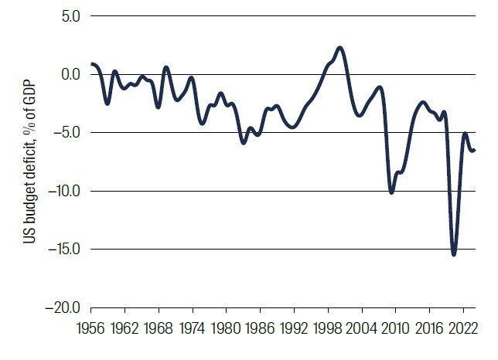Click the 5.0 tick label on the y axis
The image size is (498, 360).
[73, 15]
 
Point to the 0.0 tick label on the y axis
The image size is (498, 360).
[73, 74]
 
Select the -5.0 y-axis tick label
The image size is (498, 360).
[70, 133]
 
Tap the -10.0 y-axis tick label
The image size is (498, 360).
[67, 191]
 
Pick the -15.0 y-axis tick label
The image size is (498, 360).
[67, 250]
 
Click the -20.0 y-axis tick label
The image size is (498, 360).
[67, 307]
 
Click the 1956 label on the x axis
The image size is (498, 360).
[92, 327]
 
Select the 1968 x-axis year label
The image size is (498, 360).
[159, 327]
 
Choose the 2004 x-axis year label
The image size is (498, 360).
[360, 327]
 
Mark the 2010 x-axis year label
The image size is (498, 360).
[394, 327]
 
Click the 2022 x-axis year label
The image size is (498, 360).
[461, 327]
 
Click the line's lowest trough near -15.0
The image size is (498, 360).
[454, 254]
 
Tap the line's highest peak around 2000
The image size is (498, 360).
[340, 48]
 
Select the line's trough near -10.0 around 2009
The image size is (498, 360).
[392, 192]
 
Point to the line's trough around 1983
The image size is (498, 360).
[244, 143]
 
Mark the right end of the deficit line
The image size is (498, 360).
[474, 150]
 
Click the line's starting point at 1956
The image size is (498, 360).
[91, 64]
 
